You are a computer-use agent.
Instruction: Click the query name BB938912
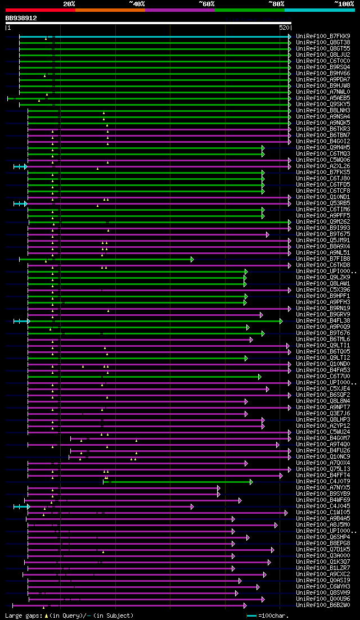point(21,18)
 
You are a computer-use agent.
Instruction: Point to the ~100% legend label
point(344,4)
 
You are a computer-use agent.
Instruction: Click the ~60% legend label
point(206,4)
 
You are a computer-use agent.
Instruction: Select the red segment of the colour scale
point(40,10)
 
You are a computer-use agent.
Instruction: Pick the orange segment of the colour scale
point(110,10)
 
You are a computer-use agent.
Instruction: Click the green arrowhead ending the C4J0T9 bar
point(251,481)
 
